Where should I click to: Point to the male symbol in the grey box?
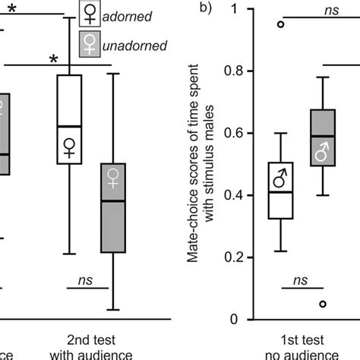(x=324, y=155)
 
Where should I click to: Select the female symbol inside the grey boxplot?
(x=113, y=178)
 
